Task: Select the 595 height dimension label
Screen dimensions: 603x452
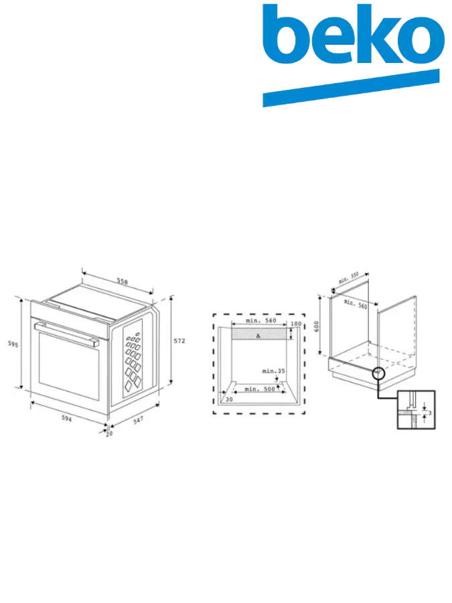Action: pos(12,344)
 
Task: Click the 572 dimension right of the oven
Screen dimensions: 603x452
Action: pos(179,341)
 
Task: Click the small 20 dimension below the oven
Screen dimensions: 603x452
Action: pos(109,433)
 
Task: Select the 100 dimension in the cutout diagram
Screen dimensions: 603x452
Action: pos(295,324)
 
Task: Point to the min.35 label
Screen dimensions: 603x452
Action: pos(273,371)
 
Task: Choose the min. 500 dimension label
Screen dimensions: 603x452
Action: pos(260,389)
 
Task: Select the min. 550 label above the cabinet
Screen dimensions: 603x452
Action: pos(349,278)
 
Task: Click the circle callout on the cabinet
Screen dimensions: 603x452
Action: pos(378,372)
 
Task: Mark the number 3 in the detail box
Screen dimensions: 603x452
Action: pos(429,413)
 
